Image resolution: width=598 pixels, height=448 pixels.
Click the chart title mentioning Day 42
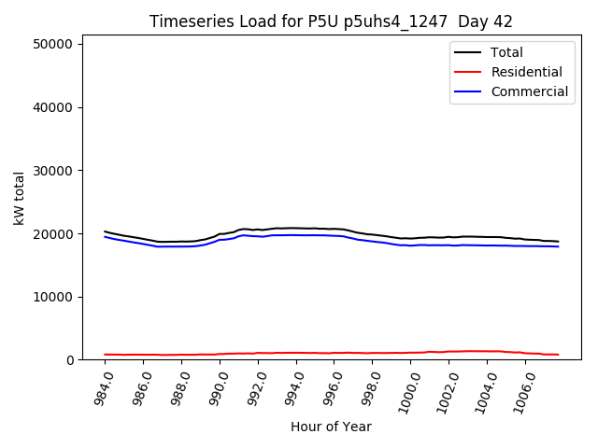(331, 21)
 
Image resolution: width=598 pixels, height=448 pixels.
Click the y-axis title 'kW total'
(19, 198)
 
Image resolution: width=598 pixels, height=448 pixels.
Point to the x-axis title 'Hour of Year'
(331, 427)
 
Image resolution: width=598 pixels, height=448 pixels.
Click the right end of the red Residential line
(558, 355)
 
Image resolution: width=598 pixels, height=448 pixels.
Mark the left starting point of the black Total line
(105, 231)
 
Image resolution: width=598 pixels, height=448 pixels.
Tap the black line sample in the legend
(467, 52)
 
